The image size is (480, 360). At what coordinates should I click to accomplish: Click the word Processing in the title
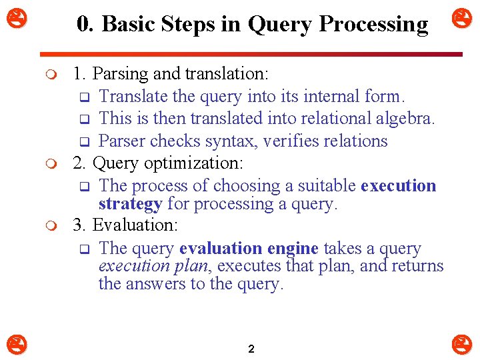tap(373, 25)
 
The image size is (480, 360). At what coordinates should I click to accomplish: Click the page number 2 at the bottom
tap(251, 349)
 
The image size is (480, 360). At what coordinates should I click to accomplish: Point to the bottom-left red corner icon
tap(14, 345)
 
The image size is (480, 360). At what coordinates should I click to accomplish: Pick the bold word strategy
tap(130, 203)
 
